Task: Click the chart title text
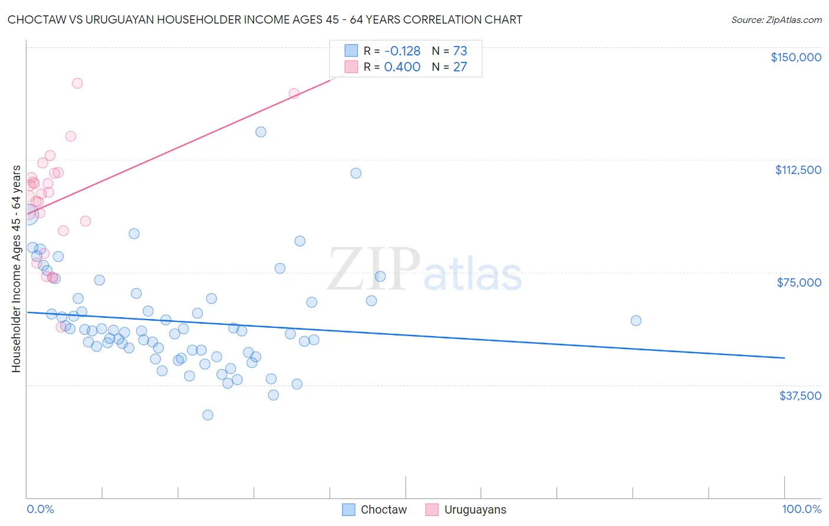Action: tap(265, 19)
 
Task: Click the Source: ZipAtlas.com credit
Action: tap(776, 19)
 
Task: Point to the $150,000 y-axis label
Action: tap(795, 57)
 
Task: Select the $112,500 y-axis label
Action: tap(798, 170)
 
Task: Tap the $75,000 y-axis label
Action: tap(798, 282)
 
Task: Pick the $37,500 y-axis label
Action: tap(800, 396)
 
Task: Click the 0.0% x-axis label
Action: tap(40, 509)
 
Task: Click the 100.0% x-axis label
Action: tap(801, 509)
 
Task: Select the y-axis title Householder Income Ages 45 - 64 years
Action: tap(16, 269)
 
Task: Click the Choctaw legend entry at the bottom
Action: tap(374, 509)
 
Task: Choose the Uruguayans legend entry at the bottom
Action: tap(466, 509)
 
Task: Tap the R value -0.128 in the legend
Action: tap(402, 51)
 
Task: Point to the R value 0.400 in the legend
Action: tap(402, 67)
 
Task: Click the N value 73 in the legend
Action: tap(460, 51)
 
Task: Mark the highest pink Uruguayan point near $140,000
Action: tap(77, 83)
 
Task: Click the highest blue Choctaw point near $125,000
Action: tap(261, 132)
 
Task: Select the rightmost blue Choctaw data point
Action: tap(636, 321)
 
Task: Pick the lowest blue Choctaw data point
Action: tap(208, 415)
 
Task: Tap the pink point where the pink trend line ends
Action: tap(294, 93)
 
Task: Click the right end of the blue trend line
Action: tap(784, 358)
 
